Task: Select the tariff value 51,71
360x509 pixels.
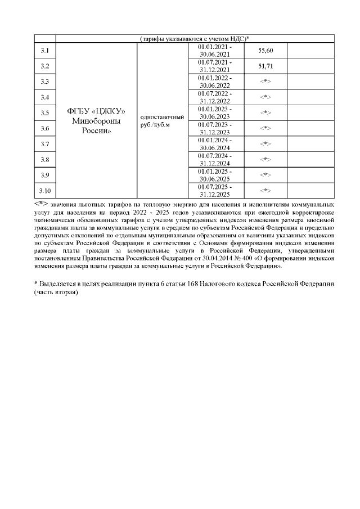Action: click(x=265, y=66)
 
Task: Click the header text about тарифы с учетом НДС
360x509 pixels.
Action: click(x=195, y=38)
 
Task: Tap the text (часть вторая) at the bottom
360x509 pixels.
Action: click(x=55, y=294)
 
